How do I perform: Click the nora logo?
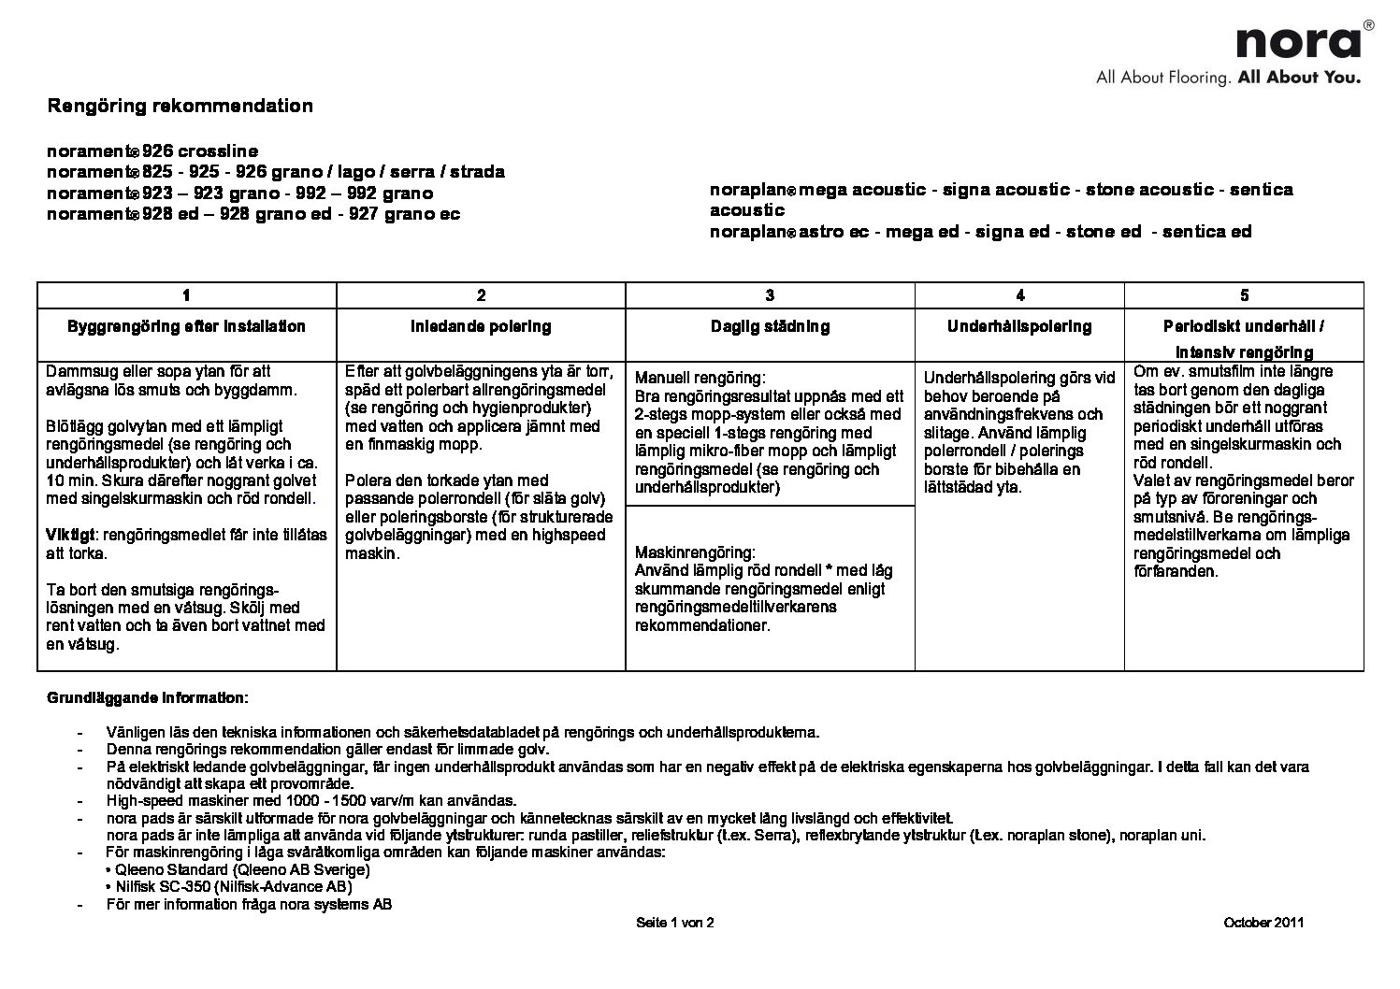coord(1298,42)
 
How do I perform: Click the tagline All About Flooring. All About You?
coord(1228,78)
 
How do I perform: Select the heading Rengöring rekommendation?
coord(180,106)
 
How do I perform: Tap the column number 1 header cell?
coord(187,295)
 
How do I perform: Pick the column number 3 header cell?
coord(770,295)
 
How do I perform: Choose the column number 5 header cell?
coord(1244,295)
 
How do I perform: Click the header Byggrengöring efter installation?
coord(186,326)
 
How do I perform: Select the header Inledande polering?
coord(481,326)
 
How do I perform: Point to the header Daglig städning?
coord(770,326)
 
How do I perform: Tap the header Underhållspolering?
coord(1019,326)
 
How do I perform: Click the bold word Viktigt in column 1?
coord(71,536)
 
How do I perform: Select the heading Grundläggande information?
coord(148,697)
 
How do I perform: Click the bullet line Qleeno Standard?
coord(240,869)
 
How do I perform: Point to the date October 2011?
coord(1263,923)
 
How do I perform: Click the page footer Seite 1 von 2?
coord(674,923)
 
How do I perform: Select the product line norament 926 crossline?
coord(152,151)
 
